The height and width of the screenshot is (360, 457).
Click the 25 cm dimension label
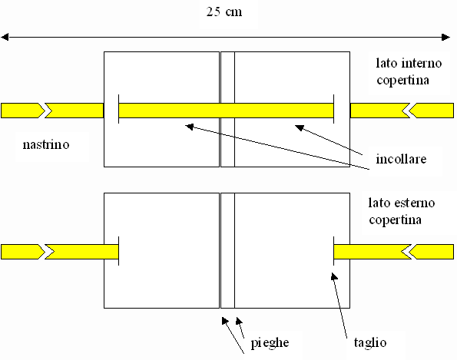[224, 12]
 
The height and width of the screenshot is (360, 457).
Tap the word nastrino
[46, 144]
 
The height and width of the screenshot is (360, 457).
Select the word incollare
[401, 159]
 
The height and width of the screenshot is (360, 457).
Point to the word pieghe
[270, 343]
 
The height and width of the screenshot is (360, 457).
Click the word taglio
[370, 342]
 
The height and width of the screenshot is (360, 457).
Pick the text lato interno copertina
[409, 71]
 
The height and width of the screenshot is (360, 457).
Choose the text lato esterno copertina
[402, 211]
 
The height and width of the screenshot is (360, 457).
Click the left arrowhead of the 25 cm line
[5, 37]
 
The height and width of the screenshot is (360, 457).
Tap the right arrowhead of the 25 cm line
[446, 37]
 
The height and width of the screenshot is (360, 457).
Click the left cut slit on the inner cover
[118, 109]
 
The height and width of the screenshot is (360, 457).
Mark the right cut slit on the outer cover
[333, 251]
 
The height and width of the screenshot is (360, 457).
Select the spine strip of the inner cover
[227, 109]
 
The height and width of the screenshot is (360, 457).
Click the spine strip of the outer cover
[227, 250]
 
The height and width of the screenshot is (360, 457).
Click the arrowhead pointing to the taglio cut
[334, 276]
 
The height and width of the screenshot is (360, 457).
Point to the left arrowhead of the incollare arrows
[190, 127]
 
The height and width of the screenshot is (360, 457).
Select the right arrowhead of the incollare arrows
[300, 127]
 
